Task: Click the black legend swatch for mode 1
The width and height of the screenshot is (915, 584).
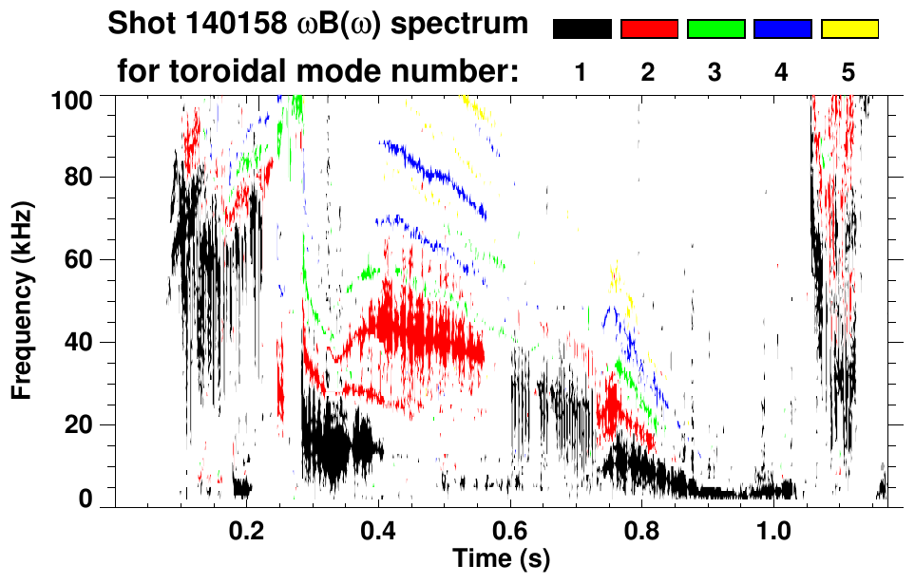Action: click(581, 29)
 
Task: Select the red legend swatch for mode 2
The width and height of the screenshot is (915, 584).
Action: click(649, 29)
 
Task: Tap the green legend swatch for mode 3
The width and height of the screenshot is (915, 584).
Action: click(715, 29)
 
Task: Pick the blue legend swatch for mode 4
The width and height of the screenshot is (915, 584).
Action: click(782, 29)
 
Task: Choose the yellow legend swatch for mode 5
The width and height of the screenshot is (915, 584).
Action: click(849, 29)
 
